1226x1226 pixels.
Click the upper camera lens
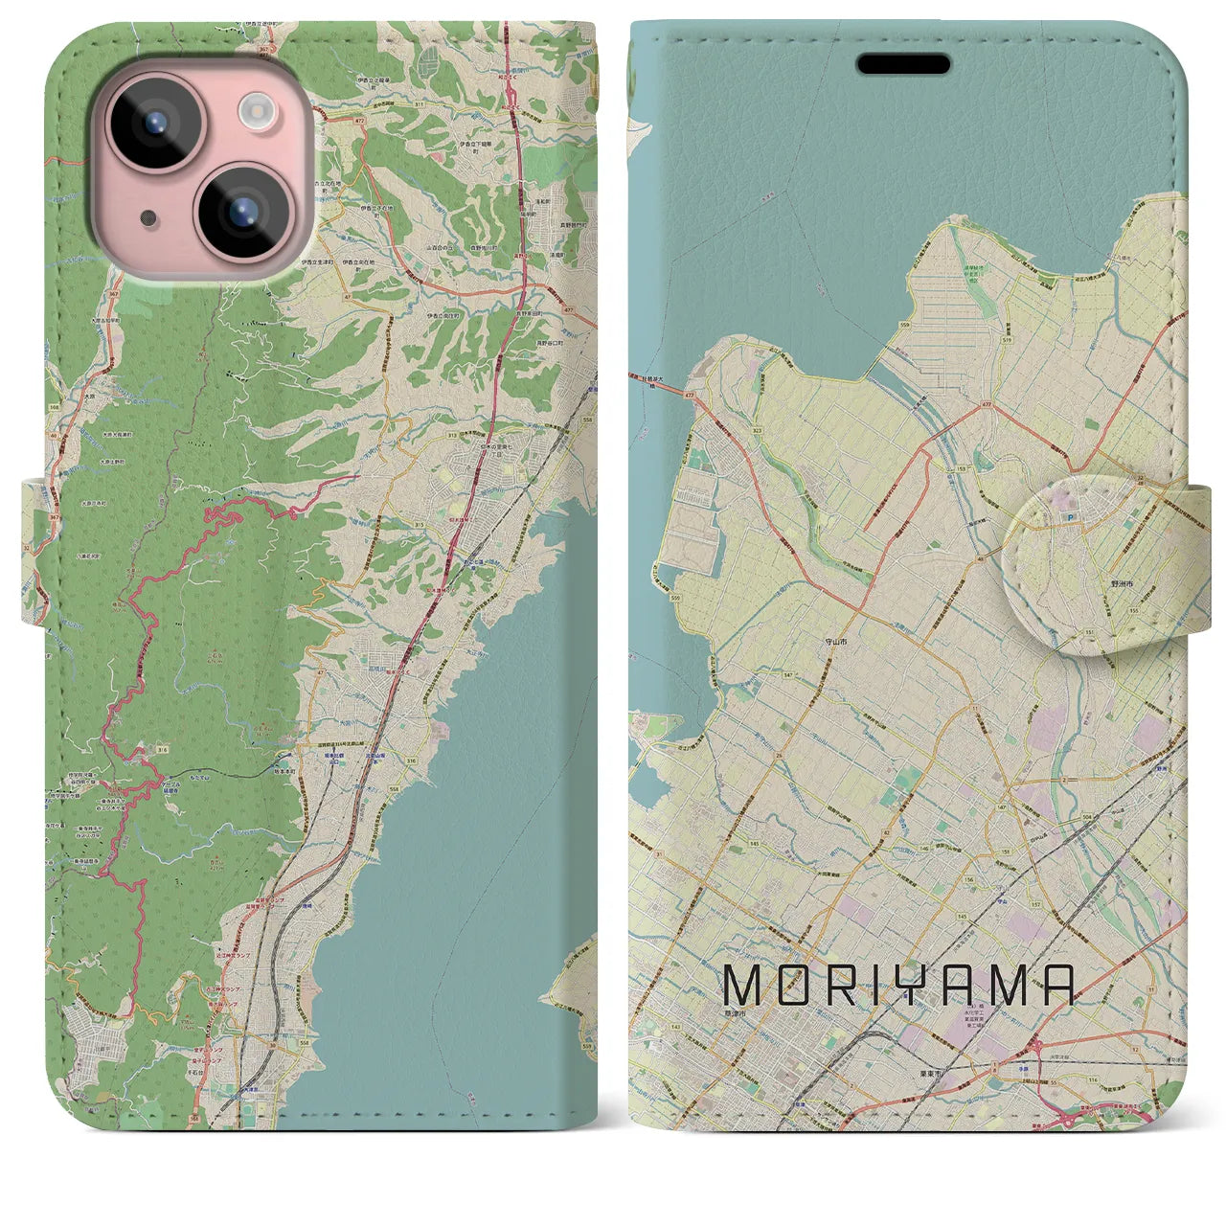click(x=153, y=125)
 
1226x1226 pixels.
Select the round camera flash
click(x=256, y=111)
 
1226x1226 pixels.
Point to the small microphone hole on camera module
click(x=148, y=217)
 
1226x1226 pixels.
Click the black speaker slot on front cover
click(x=902, y=64)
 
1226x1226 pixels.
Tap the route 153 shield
click(x=961, y=468)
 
